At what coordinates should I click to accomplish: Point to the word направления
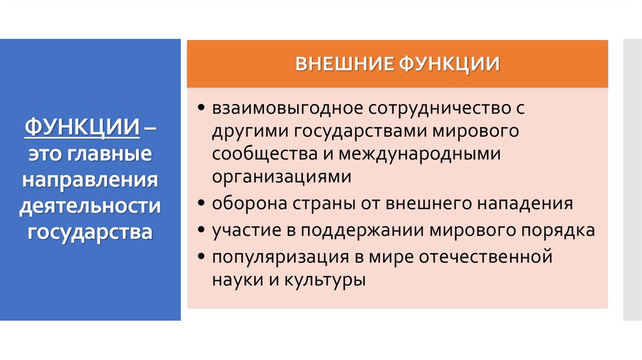tap(90, 181)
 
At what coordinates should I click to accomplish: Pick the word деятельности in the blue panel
tap(90, 206)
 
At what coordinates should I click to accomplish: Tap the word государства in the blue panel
tap(90, 232)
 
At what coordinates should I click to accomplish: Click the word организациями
tap(281, 176)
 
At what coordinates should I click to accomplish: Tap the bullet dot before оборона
tap(200, 204)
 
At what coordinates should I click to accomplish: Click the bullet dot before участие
tap(200, 230)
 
